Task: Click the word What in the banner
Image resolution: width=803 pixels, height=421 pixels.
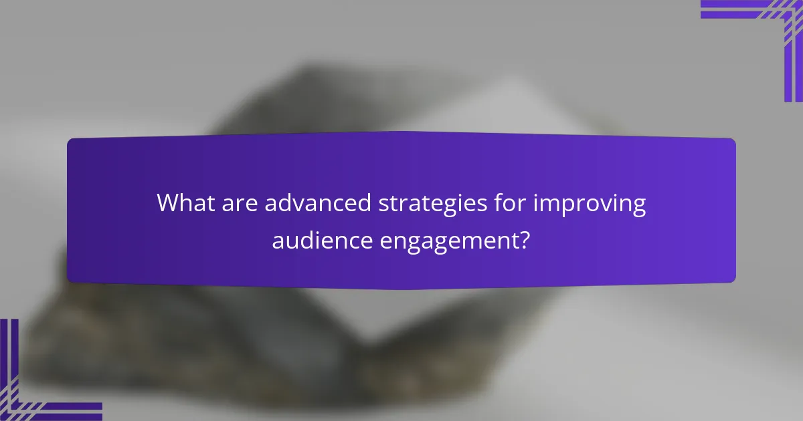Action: (x=183, y=203)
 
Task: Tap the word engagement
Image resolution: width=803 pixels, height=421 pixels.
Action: (x=450, y=239)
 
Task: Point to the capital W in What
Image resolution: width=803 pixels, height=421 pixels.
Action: (x=167, y=203)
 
